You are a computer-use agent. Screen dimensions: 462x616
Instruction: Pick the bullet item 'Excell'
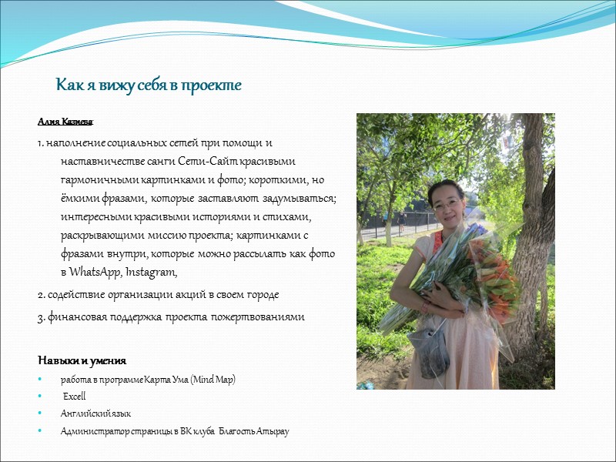[x=74, y=396]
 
